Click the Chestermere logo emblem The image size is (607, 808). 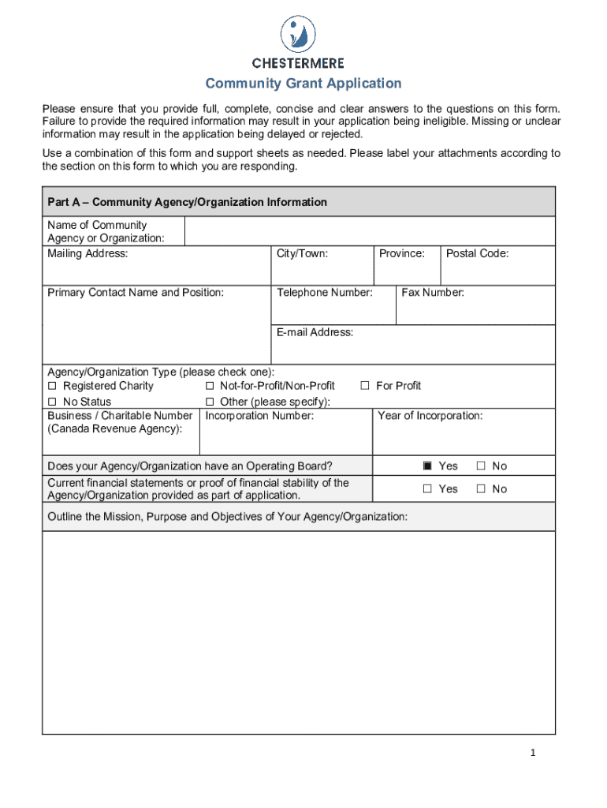tap(298, 34)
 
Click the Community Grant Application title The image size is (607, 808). tap(303, 84)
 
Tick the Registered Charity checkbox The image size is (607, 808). tap(53, 386)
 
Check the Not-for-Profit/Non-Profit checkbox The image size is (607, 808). tap(210, 386)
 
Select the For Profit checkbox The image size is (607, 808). tap(365, 386)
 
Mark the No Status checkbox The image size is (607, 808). tap(53, 402)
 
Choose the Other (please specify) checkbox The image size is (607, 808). tap(210, 402)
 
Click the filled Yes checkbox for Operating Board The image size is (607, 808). tap(428, 466)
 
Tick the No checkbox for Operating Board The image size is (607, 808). tap(481, 466)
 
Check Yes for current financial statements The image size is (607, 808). tap(428, 489)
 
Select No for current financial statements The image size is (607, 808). tap(481, 489)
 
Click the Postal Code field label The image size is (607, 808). tap(477, 253)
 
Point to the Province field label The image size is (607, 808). tap(401, 253)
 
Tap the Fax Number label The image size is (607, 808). tap(433, 293)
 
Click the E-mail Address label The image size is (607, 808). tap(315, 332)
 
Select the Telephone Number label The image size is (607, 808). tap(324, 293)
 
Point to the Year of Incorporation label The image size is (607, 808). tap(430, 416)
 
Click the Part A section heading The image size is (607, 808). tap(187, 202)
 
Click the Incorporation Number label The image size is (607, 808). tap(259, 416)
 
